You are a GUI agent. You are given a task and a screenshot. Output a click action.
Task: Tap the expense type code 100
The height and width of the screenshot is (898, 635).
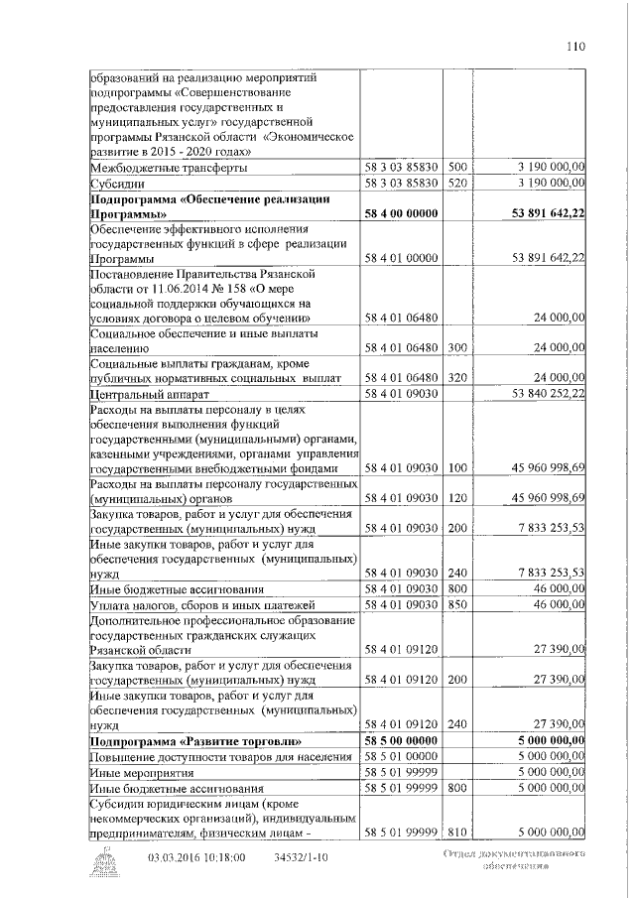(457, 467)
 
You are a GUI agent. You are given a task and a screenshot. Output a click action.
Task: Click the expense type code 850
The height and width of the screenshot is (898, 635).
(457, 604)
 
